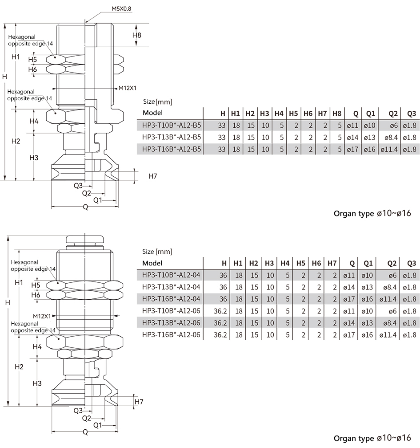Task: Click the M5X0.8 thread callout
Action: point(121,8)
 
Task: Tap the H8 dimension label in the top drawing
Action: point(137,35)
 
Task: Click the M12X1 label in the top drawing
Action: point(128,88)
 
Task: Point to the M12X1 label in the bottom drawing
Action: point(42,316)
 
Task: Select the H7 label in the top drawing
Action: point(152,176)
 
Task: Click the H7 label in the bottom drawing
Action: point(139,402)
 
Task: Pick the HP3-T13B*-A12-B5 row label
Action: point(172,137)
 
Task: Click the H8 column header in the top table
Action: point(337,114)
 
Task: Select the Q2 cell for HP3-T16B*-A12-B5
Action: point(389,149)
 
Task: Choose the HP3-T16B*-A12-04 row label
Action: point(171,299)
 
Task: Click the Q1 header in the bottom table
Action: point(368,263)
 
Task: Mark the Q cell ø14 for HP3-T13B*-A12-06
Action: point(349,323)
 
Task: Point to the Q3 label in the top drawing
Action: point(78,186)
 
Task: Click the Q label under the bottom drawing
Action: point(85,432)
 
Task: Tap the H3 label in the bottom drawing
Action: point(37,383)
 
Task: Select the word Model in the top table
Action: point(152,113)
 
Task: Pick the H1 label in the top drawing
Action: point(16,57)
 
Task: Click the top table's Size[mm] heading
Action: point(157,102)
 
